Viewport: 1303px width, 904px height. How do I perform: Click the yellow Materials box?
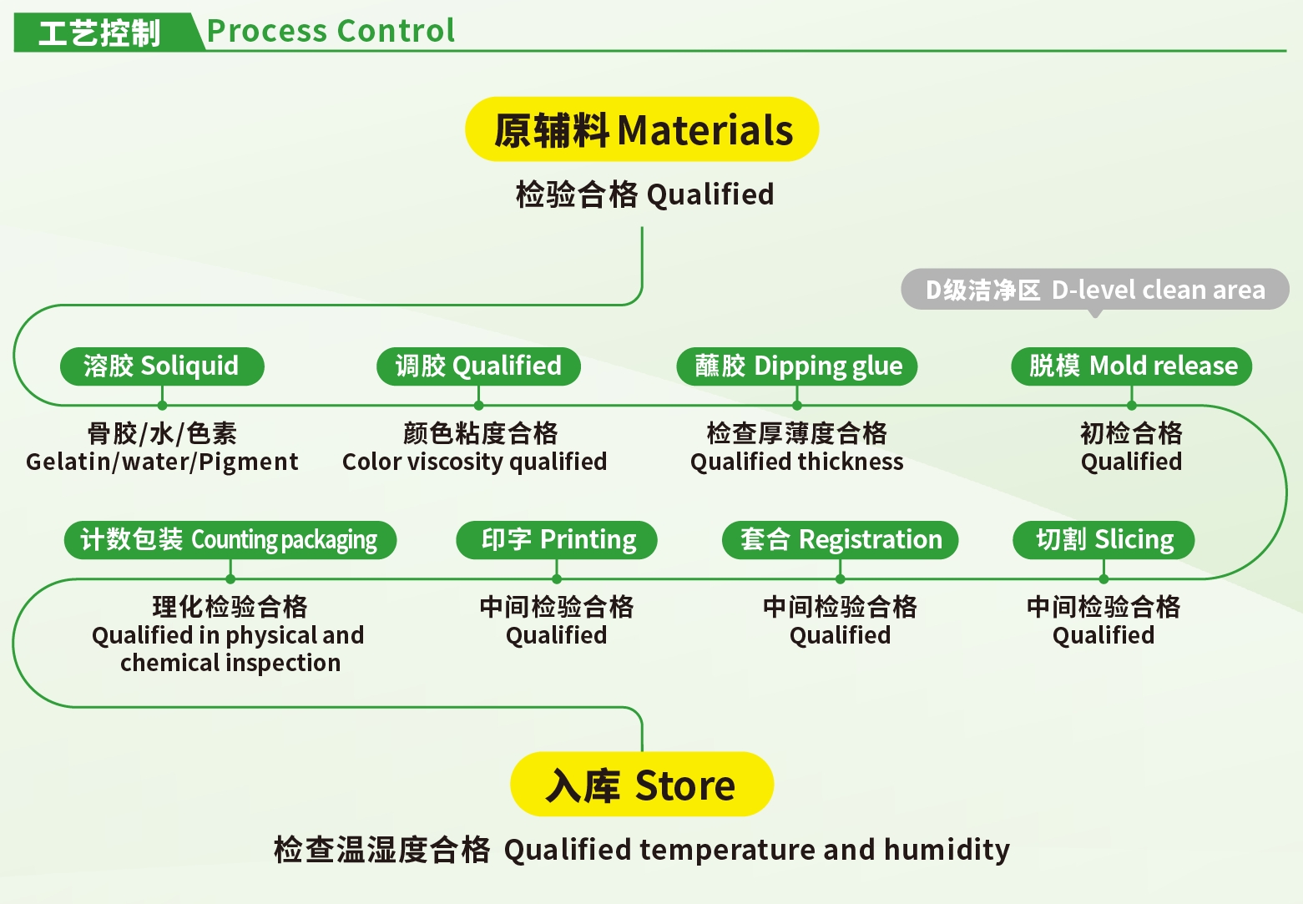pos(642,129)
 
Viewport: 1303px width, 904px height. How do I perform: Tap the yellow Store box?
pos(642,784)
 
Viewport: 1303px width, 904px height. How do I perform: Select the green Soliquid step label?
pos(162,366)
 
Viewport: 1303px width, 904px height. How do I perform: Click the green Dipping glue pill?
pos(797,366)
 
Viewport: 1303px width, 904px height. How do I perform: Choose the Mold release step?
pos(1131,366)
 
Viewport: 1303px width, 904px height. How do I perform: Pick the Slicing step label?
pos(1104,540)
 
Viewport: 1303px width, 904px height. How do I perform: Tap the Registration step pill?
pos(840,540)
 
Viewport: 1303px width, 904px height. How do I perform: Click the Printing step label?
pos(557,540)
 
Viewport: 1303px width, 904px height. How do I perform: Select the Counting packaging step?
pos(230,540)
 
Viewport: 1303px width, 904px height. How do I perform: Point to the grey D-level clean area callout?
pos(1095,289)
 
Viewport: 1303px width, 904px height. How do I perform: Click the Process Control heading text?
pos(331,30)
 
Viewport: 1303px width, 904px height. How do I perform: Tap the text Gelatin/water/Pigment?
pos(162,462)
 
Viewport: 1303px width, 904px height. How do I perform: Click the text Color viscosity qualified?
pos(475,462)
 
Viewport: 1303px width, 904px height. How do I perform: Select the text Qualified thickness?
pos(797,462)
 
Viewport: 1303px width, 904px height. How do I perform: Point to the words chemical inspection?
pos(230,663)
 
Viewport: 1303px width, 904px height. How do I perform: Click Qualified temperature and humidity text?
pos(757,850)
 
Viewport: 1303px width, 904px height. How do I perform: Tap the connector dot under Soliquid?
pos(162,405)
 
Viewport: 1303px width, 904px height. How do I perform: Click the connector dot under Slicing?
pos(1104,578)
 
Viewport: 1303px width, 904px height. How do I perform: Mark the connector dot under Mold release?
pos(1131,405)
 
